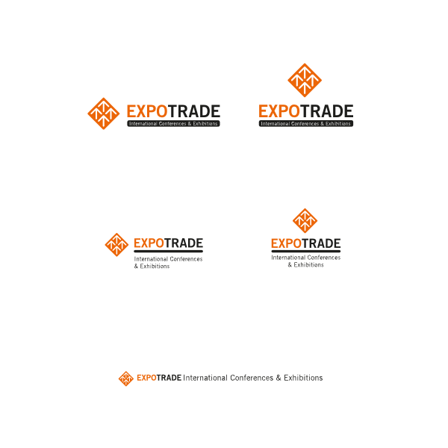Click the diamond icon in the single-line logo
126,379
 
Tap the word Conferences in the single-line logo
252,378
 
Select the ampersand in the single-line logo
279,378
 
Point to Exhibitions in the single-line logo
303,378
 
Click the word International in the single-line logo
205,378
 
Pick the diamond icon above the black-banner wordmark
305,80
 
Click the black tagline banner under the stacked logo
306,123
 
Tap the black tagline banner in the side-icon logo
173,123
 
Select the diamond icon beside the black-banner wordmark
104,113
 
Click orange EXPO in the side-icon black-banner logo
147,111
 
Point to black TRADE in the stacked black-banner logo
327,111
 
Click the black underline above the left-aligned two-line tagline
169,252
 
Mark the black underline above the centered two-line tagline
306,252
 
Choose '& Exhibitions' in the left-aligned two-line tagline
152,267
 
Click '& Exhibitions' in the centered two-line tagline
305,265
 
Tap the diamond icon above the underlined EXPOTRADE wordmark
305,220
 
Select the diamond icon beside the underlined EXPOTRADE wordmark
116,245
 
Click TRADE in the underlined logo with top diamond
321,243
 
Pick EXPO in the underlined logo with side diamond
149,243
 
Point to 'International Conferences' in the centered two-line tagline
306,258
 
